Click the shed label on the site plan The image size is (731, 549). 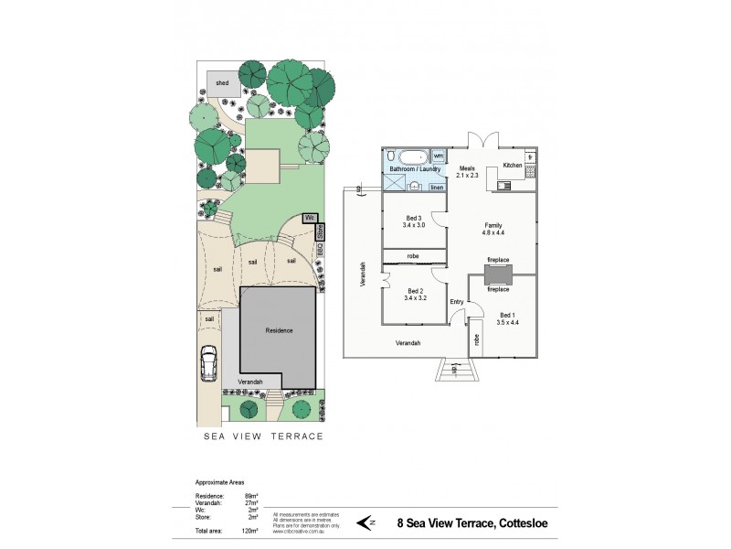[222, 83]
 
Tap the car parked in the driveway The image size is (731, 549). [207, 367]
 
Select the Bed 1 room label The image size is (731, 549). [507, 318]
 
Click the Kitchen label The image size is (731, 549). [513, 165]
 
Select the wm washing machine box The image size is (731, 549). [438, 156]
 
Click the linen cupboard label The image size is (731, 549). [437, 188]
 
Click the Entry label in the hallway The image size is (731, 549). [457, 302]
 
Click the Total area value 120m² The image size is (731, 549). [249, 531]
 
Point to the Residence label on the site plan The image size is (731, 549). [278, 329]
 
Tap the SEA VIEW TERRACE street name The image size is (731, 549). [262, 436]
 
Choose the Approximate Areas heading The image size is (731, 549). [220, 481]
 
